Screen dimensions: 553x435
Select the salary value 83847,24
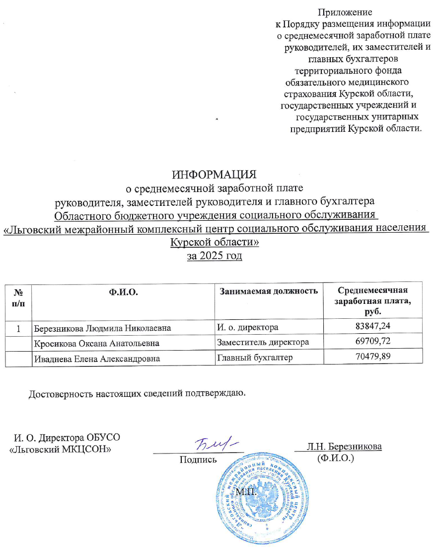point(372,327)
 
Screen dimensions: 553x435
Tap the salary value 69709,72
point(372,342)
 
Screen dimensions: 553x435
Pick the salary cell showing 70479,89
point(372,358)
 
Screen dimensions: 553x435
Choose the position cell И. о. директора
point(248,328)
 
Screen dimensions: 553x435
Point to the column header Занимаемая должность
point(269,291)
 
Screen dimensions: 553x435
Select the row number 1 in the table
point(18,328)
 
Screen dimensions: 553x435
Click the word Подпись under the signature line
point(198,459)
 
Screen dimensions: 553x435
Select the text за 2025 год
point(214,256)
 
